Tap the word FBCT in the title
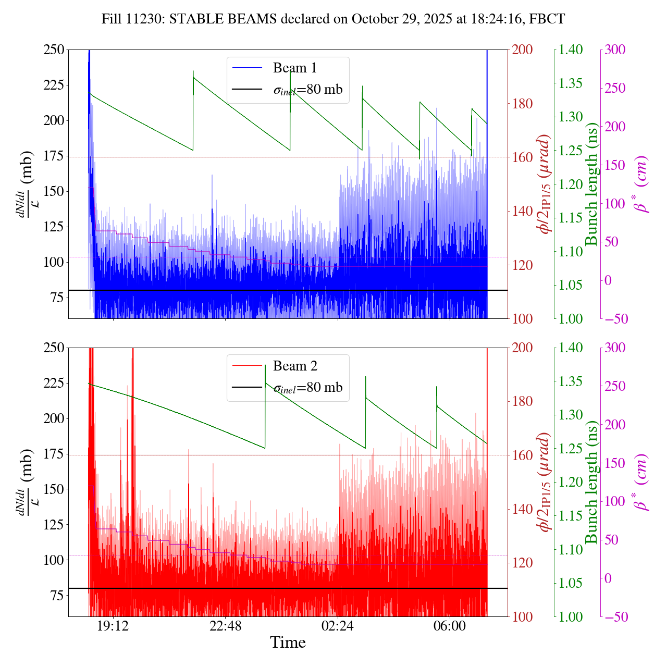[547, 19]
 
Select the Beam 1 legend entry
[294, 68]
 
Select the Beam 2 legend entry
[295, 366]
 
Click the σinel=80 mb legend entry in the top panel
[307, 90]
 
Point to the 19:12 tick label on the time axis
[113, 625]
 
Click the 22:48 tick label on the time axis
[225, 625]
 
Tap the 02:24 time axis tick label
[338, 625]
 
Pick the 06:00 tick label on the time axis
[450, 625]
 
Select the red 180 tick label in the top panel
[523, 104]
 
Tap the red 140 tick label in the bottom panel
[523, 509]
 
